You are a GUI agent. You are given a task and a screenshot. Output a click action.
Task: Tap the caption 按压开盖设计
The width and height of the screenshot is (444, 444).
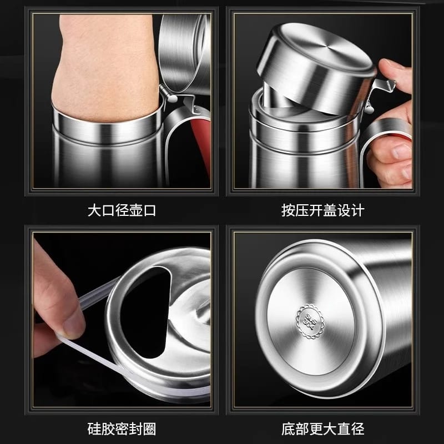point(322,211)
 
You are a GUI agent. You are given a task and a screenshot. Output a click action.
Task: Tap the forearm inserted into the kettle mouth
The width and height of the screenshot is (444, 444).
point(100,61)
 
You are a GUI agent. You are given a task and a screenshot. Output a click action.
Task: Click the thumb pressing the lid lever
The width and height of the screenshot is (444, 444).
point(395,70)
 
